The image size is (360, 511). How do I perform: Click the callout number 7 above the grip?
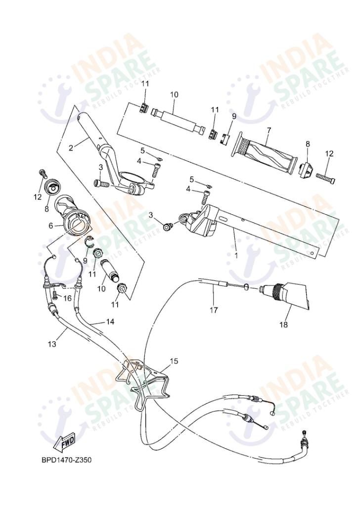(269, 131)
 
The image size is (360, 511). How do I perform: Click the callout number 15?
(173, 362)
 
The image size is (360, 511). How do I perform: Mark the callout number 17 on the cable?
(214, 311)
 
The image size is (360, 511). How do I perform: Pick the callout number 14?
(110, 322)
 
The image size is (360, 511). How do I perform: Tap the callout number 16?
(67, 298)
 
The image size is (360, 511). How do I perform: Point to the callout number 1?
(235, 256)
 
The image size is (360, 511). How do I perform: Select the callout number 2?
(71, 147)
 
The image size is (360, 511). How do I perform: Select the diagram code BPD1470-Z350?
(66, 460)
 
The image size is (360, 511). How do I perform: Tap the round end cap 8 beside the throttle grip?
(51, 187)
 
